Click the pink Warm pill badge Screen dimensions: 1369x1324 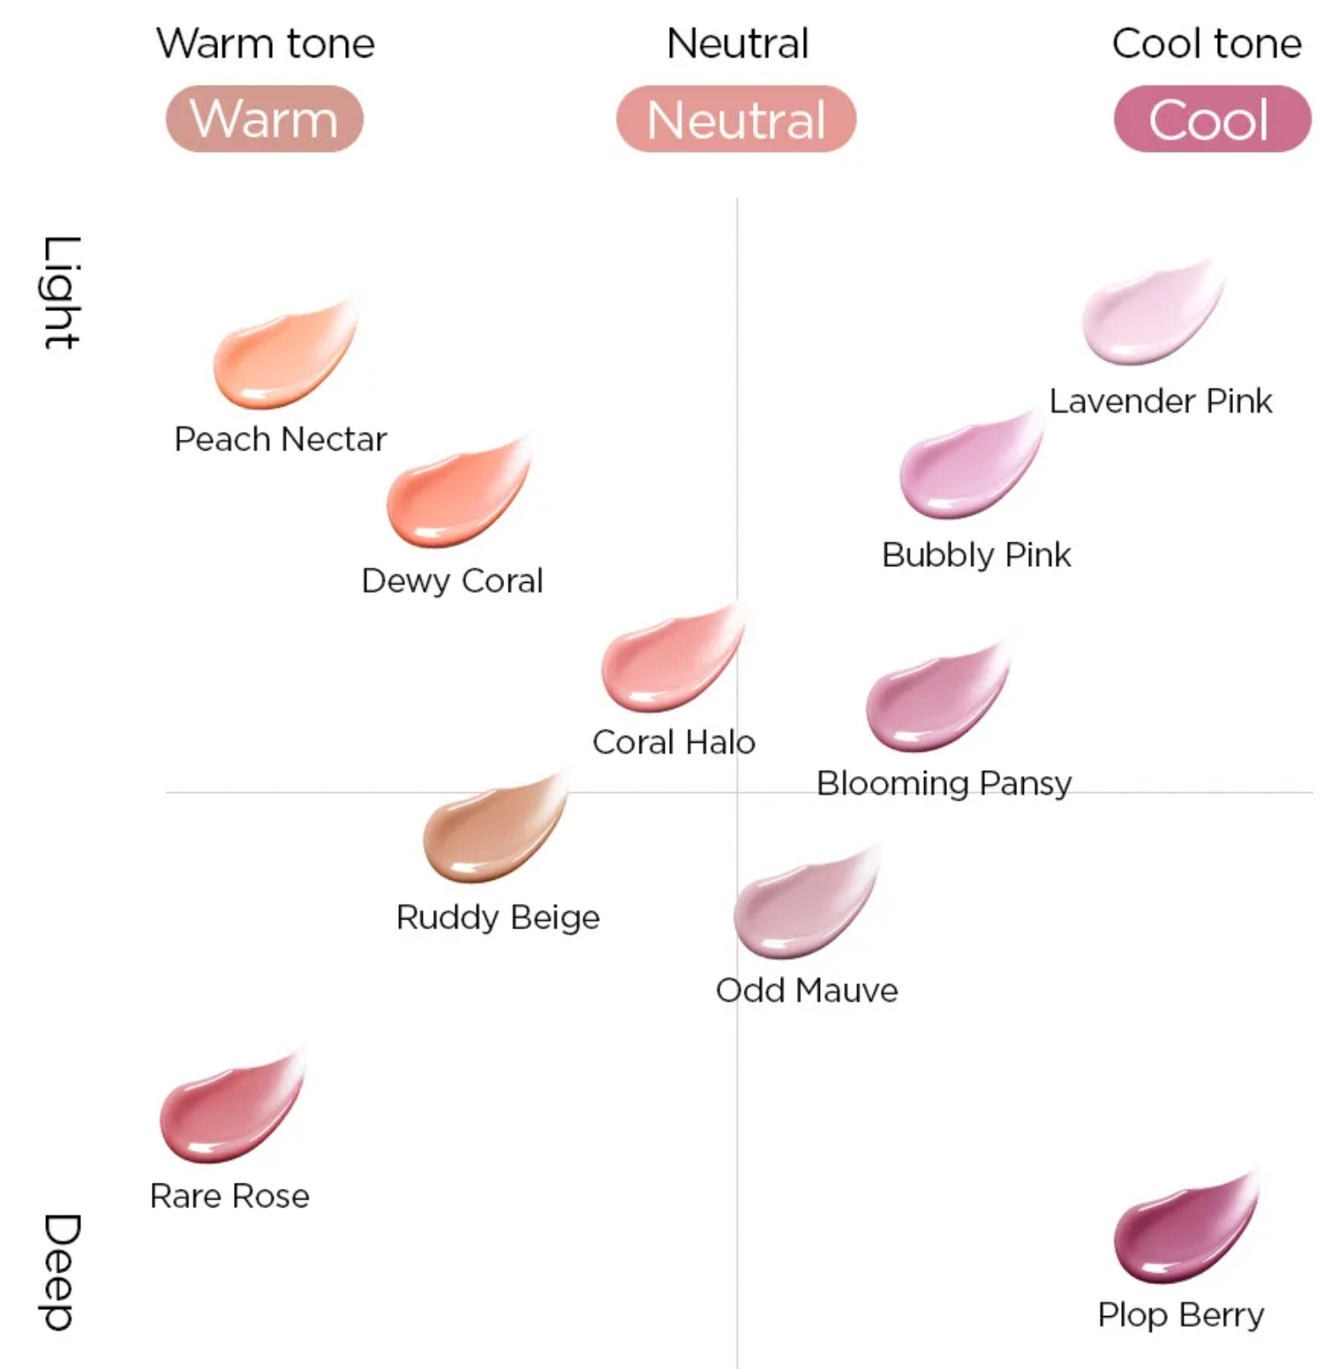pyautogui.click(x=264, y=119)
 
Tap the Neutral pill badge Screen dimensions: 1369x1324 pyautogui.click(x=736, y=119)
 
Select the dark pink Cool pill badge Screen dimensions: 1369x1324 pyautogui.click(x=1211, y=119)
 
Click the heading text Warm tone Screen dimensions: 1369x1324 pyautogui.click(x=266, y=43)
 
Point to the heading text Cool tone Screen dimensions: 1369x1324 pyautogui.click(x=1206, y=43)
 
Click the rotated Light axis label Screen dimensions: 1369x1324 pyautogui.click(x=62, y=292)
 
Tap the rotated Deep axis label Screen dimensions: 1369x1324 pyautogui.click(x=62, y=1272)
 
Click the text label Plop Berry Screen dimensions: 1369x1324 pyautogui.click(x=1180, y=1315)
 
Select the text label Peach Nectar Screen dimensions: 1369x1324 pyautogui.click(x=280, y=439)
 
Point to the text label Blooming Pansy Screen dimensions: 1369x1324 pyautogui.click(x=944, y=783)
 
